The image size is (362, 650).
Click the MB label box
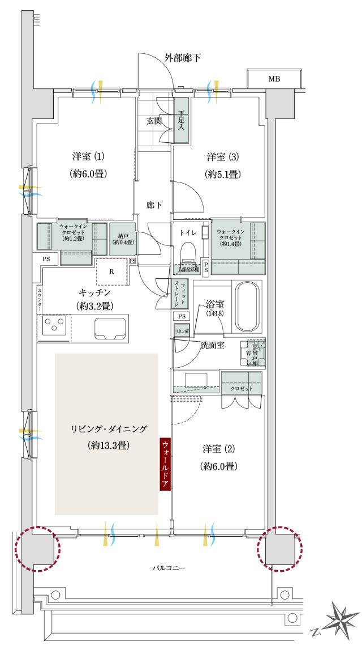pos(274,79)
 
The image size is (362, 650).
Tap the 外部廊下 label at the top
pos(183,58)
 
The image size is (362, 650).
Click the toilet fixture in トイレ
pos(187,252)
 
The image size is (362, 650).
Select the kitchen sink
pos(102,328)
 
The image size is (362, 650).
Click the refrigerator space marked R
pos(112,271)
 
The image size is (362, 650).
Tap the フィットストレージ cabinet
pos(179,294)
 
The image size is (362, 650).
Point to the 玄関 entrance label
pos(154,120)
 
